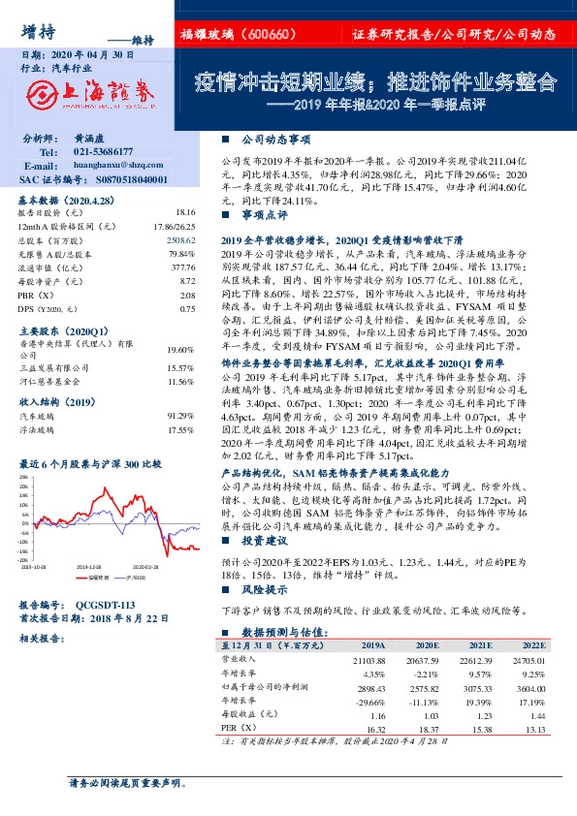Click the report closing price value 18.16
[x=185, y=211]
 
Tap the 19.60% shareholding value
[x=181, y=349]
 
